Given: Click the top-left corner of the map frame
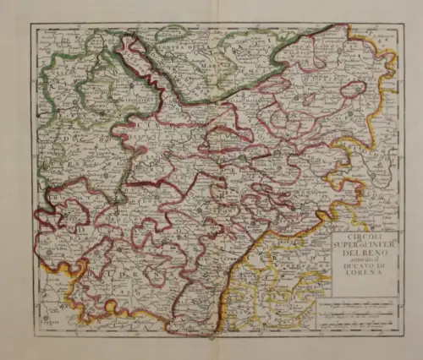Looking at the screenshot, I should tap(31, 24).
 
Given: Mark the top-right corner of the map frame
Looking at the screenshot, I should tap(399, 24).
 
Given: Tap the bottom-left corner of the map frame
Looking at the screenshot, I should tap(31, 335).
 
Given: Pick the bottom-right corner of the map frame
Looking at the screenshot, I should tap(399, 335).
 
